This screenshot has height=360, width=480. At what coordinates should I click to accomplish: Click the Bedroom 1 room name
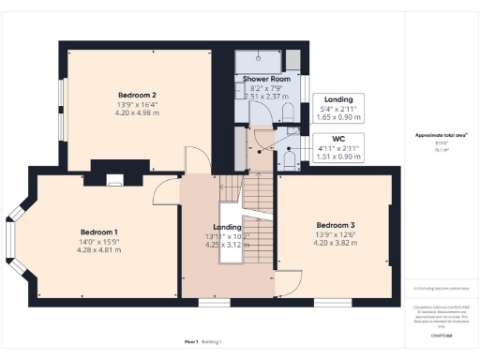pos(98,232)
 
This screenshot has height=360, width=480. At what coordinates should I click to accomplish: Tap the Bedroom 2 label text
pos(137,95)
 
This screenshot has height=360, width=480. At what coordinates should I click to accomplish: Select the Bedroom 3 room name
pos(336,225)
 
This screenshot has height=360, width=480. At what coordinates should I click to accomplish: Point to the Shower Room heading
pos(263,79)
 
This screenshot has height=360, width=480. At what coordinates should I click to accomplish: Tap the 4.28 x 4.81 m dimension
pos(98,250)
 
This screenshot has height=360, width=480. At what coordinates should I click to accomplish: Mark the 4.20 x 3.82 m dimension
pos(336,243)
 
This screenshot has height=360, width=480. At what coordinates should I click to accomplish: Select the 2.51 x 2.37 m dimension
pos(263,95)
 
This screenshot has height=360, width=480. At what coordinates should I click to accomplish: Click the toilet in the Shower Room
pos(288,112)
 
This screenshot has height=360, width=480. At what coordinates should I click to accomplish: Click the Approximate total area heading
pos(441,135)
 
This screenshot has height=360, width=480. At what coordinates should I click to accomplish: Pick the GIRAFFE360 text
pos(443,334)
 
